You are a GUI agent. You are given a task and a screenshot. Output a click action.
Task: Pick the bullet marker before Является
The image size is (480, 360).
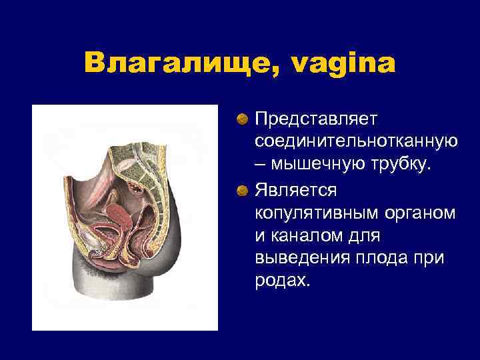pos(244,191)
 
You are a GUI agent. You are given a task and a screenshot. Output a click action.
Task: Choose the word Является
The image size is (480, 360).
pos(296,191)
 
